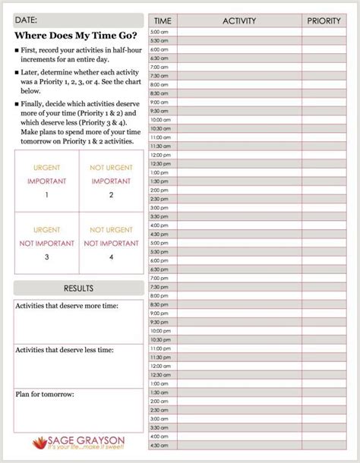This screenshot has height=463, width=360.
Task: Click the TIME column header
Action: (x=163, y=20)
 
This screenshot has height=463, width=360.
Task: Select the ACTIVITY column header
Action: (x=239, y=20)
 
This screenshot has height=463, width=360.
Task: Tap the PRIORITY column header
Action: (x=324, y=20)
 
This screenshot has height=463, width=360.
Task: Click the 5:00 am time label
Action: (x=159, y=32)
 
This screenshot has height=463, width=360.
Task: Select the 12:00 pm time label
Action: (x=160, y=154)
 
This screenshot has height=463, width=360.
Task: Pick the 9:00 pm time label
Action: (x=159, y=313)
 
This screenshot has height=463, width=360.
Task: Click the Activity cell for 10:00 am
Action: (x=239, y=119)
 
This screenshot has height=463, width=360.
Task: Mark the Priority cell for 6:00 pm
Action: (x=324, y=260)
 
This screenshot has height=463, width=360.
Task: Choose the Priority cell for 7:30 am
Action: (x=324, y=75)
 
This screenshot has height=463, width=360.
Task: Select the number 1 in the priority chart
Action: (x=46, y=195)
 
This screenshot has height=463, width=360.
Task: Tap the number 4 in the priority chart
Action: (x=111, y=257)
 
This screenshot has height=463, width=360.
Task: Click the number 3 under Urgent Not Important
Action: (x=46, y=257)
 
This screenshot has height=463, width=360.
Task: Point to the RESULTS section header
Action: (x=79, y=288)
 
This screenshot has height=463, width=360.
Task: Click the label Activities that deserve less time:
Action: (x=64, y=350)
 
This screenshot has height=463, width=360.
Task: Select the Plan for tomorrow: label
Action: (x=45, y=395)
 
